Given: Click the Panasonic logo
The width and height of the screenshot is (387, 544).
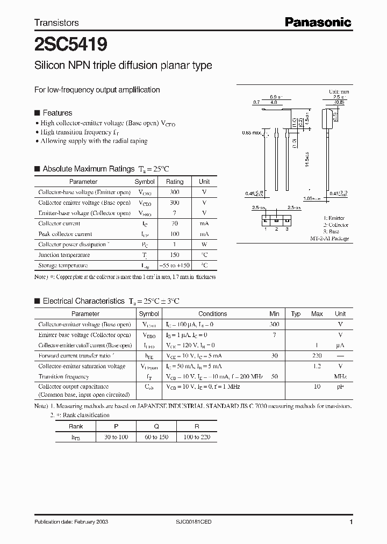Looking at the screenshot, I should pos(318,22).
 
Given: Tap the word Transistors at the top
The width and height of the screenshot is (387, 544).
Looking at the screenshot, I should pos(56,23).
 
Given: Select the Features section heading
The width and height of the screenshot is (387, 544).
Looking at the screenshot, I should pos(57,113).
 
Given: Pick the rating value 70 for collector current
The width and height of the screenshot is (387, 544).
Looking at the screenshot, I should pos(175,223).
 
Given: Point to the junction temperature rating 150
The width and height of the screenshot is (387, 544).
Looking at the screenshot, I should pos(175,255).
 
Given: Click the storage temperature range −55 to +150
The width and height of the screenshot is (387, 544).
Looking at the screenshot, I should pos(175,266).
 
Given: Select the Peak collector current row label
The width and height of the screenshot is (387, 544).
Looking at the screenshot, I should pos(65,234).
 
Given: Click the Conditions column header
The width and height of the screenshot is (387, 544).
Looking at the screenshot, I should pos(212,314).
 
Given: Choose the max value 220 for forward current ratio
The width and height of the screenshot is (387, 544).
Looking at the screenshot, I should pos(317,356).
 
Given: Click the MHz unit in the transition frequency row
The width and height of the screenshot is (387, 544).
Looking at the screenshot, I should pos(340,377).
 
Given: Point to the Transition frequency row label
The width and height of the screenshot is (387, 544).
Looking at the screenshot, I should pos(63,377).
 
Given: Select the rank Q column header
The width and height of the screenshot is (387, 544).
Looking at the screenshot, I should pos(156,426).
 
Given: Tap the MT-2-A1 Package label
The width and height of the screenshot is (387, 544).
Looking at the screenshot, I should pos(329,238).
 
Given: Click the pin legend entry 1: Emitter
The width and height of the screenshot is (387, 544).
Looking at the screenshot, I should pos(334,218).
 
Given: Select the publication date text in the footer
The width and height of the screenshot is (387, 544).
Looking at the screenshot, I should pos(67,522).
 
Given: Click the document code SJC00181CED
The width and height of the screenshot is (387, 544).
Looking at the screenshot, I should pos(193,522).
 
